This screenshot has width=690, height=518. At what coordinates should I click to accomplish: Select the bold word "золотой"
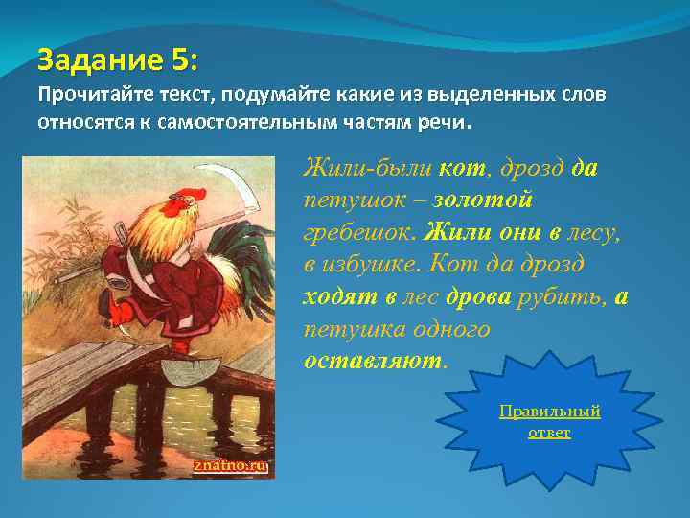tap(483, 200)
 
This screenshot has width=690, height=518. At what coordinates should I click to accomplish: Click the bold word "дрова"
tap(479, 297)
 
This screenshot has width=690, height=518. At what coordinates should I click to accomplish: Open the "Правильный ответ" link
tap(549, 422)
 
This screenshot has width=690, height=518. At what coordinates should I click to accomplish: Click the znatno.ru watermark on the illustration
tap(230, 465)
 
